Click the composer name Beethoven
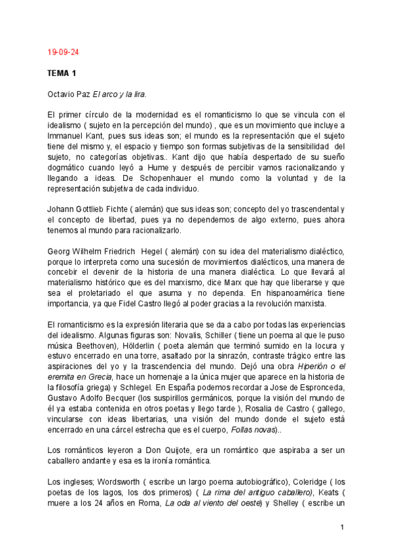click(x=97, y=346)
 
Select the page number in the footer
click(x=342, y=527)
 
